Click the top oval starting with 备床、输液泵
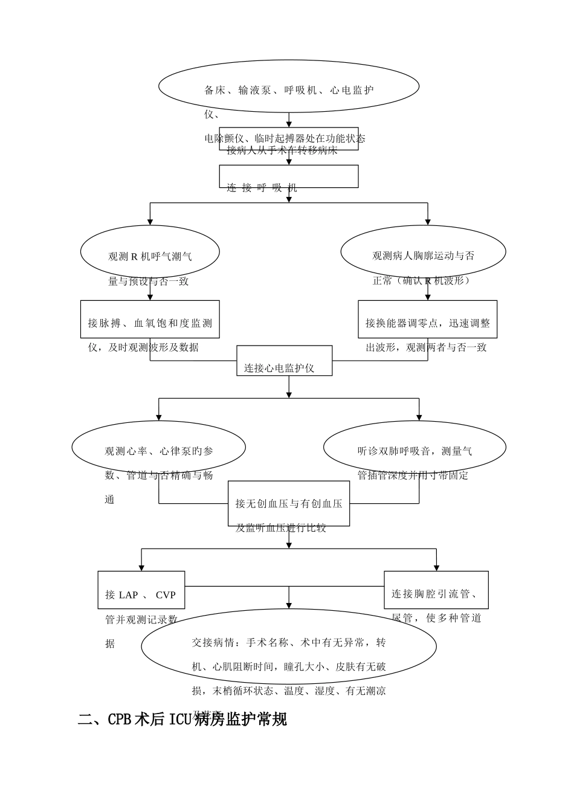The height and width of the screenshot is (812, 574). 289,86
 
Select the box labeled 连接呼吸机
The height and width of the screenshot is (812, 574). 288,176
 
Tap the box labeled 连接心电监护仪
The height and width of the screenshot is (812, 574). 284,361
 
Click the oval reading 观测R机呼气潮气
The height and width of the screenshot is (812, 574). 150,253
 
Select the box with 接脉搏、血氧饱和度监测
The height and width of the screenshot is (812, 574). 150,319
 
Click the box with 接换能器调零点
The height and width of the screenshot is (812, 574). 427,319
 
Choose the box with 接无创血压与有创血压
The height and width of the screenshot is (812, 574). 289,503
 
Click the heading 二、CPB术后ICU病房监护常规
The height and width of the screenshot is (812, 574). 182,719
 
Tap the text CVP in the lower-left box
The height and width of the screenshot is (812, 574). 166,595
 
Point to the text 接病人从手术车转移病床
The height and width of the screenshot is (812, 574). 282,150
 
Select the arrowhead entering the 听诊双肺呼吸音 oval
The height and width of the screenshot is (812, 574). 419,417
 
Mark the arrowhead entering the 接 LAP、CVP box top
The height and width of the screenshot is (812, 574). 141,567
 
